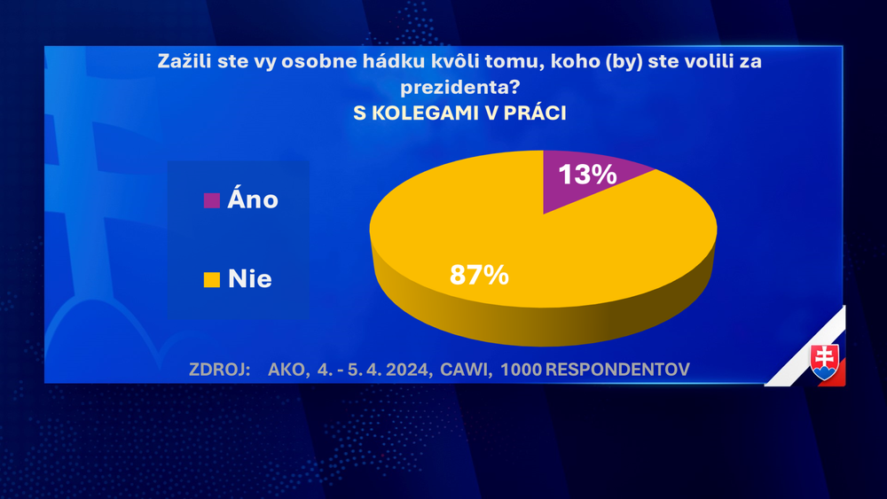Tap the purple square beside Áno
(x=211, y=199)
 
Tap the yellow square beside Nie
(x=211, y=280)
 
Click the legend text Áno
(x=253, y=199)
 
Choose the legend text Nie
(x=249, y=280)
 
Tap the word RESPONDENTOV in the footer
(x=617, y=369)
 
